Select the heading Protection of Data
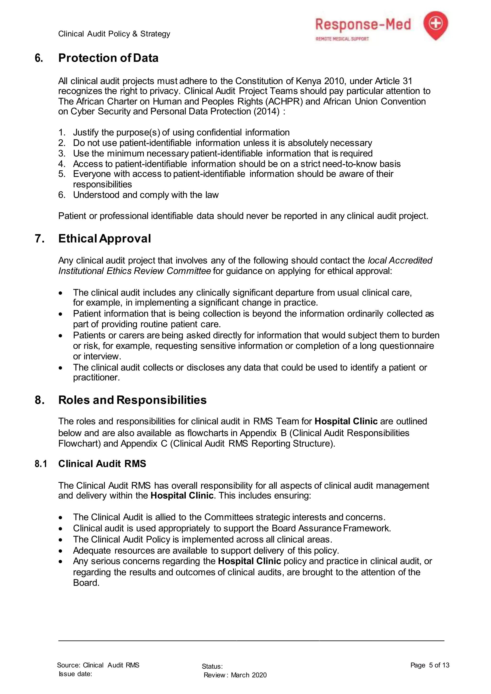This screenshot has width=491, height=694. click(108, 58)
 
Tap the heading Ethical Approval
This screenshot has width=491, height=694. click(105, 238)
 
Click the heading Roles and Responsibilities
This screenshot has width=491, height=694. click(132, 400)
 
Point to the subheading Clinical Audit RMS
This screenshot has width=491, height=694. click(102, 464)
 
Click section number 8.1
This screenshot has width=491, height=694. click(41, 464)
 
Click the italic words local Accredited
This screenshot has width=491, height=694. click(400, 260)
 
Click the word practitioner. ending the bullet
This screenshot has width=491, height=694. click(96, 377)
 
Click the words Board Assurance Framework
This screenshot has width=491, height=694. click(331, 528)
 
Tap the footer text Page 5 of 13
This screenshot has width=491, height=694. click(430, 665)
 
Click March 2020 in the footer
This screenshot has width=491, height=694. click(249, 675)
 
